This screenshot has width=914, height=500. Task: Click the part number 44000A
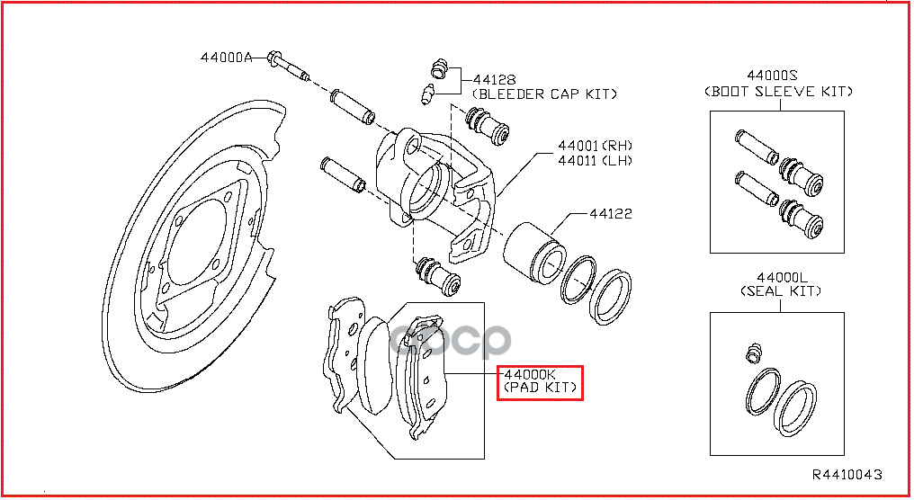click(226, 58)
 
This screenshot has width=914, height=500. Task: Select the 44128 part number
click(494, 80)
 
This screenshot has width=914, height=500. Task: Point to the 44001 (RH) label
click(596, 145)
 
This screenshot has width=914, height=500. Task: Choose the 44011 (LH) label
click(596, 160)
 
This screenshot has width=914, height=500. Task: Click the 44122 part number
click(610, 214)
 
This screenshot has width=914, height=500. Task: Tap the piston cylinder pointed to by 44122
click(534, 253)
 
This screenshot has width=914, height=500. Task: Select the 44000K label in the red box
click(530, 374)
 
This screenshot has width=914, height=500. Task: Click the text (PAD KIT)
click(540, 388)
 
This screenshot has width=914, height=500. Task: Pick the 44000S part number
click(772, 76)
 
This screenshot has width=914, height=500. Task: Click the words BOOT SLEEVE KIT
click(778, 92)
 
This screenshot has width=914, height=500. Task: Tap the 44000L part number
click(782, 278)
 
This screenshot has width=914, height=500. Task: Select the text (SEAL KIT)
click(781, 290)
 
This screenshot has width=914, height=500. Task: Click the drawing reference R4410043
click(847, 474)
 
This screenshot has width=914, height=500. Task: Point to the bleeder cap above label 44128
click(440, 68)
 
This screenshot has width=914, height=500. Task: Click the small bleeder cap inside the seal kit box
click(755, 353)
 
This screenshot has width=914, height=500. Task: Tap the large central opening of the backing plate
click(197, 245)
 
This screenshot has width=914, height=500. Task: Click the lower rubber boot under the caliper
click(438, 276)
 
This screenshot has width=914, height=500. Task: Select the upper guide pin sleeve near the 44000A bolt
click(352, 107)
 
